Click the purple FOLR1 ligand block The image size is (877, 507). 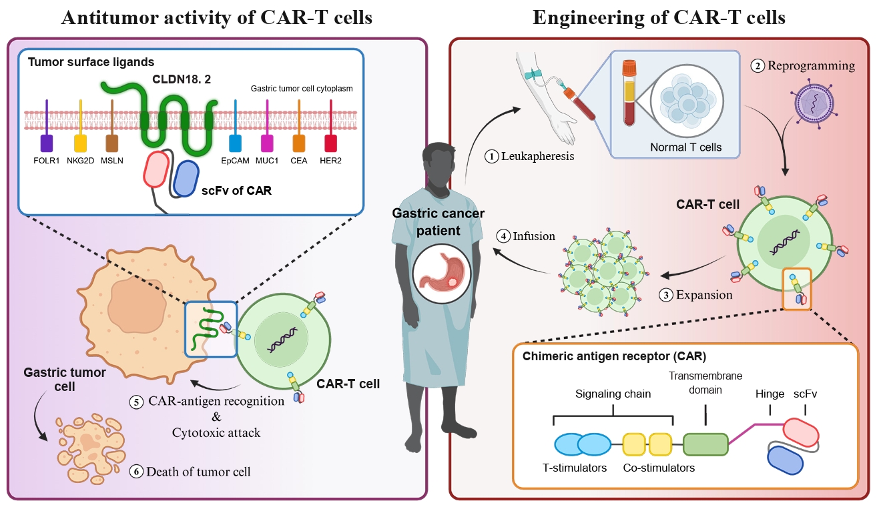pyautogui.click(x=47, y=143)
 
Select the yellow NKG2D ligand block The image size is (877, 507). pyautogui.click(x=80, y=143)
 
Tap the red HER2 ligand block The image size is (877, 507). pyautogui.click(x=330, y=143)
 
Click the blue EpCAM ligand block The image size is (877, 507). pyautogui.click(x=235, y=143)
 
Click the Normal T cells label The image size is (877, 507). pyautogui.click(x=686, y=147)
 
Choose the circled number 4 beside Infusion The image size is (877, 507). pyautogui.click(x=504, y=235)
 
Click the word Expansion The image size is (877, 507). pyautogui.click(x=705, y=294)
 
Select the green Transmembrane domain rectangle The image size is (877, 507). pyautogui.click(x=705, y=444)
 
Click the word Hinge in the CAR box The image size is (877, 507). pyautogui.click(x=770, y=394)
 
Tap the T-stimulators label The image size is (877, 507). pyautogui.click(x=575, y=468)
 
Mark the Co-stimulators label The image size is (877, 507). pyautogui.click(x=659, y=468)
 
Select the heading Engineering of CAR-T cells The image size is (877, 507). pyautogui.click(x=659, y=18)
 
